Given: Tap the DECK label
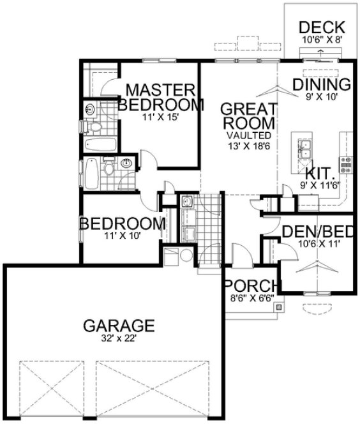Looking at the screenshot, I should [322, 27].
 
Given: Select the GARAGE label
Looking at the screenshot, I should [119, 326].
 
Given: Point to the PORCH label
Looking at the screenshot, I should [252, 285].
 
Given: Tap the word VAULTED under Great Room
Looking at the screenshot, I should [248, 136].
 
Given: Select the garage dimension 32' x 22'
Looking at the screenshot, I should [119, 340].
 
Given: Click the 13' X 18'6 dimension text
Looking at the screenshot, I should [248, 146].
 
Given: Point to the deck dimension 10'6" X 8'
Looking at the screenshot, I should [322, 39].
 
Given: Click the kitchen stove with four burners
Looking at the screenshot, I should [346, 165].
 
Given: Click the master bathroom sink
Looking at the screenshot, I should [89, 109].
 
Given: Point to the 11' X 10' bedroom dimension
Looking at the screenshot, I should [119, 235].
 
